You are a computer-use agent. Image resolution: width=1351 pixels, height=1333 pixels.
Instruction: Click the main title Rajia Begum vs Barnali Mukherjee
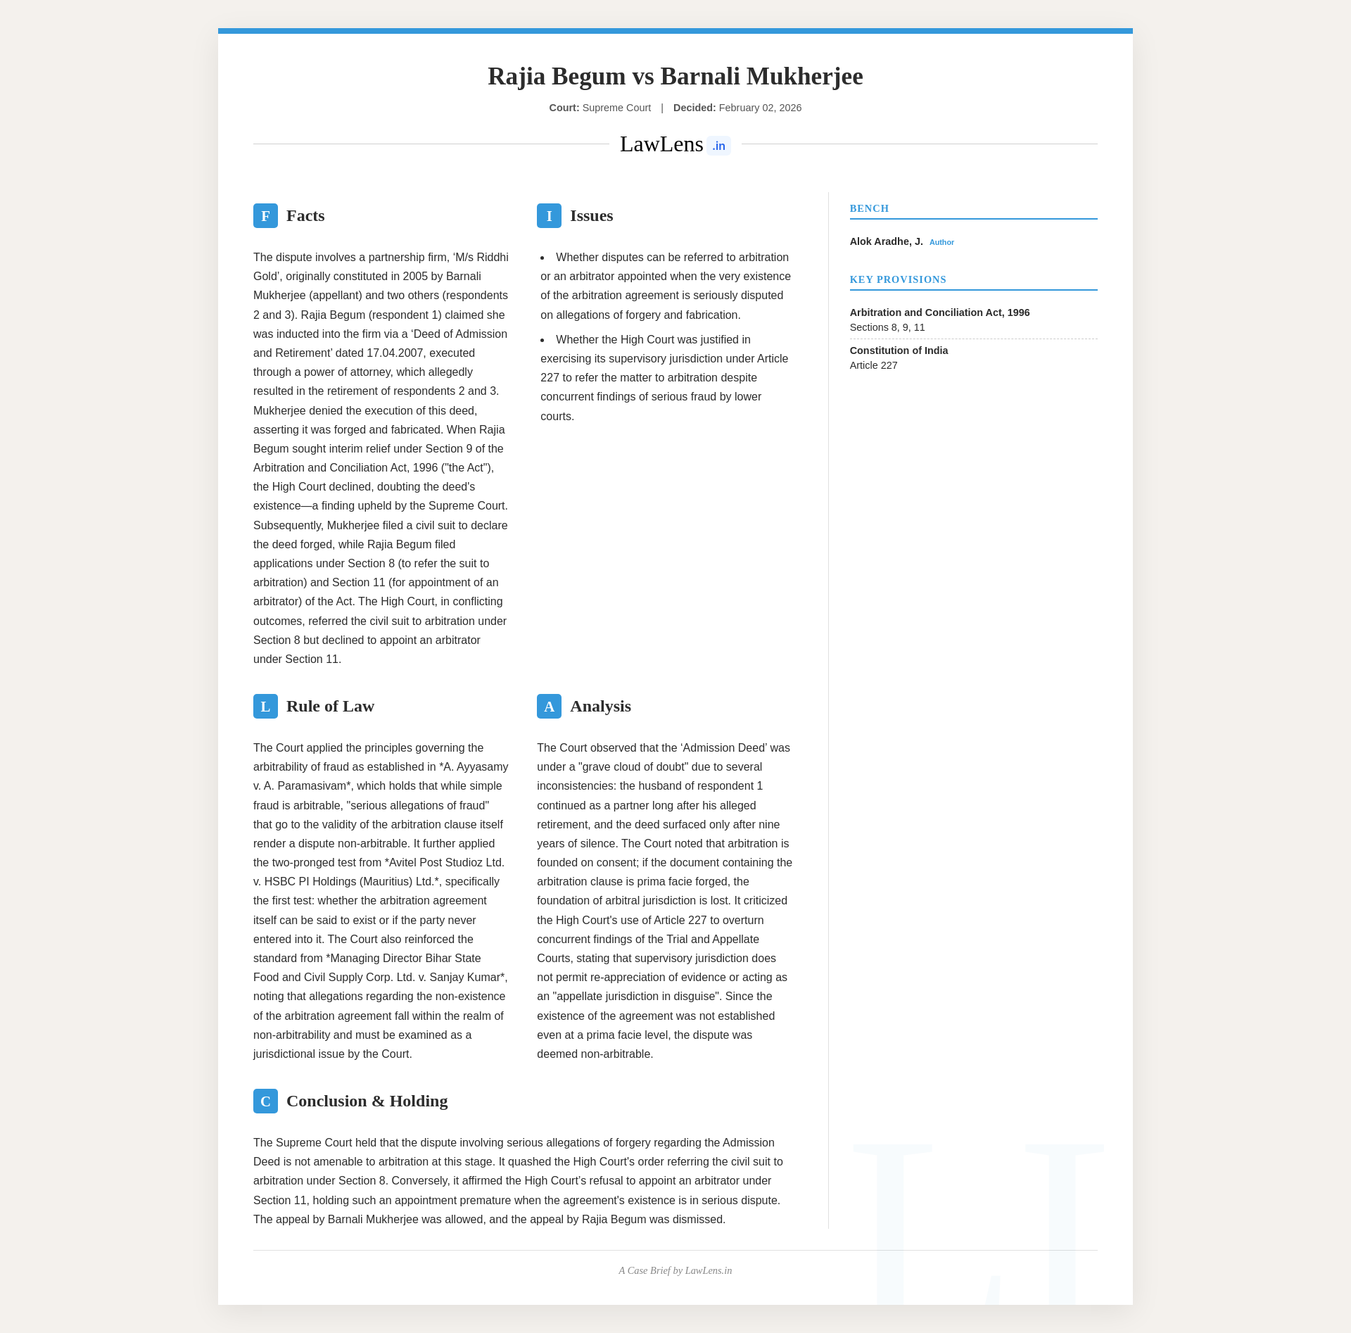(675, 76)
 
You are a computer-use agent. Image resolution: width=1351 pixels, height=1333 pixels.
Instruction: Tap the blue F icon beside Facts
(265, 215)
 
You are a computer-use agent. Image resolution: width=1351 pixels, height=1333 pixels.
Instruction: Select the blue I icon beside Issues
(549, 215)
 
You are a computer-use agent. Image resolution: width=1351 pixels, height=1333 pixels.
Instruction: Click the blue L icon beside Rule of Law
(265, 706)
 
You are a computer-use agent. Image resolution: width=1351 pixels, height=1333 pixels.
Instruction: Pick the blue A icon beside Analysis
(549, 706)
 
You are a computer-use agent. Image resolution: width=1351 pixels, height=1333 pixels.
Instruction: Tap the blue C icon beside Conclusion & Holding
(265, 1101)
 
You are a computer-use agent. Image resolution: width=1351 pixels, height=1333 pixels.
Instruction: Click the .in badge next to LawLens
(718, 146)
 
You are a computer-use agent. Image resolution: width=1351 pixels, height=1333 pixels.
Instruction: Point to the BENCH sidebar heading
(869, 208)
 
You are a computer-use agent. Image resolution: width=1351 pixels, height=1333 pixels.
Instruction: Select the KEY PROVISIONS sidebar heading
(898, 279)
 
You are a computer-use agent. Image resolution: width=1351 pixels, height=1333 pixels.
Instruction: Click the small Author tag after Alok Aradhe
(941, 242)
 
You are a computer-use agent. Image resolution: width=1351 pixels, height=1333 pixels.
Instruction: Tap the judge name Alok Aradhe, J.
(886, 241)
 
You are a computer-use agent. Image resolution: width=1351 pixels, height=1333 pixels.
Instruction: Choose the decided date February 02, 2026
(760, 108)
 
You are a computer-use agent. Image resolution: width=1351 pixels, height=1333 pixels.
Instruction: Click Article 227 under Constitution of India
(873, 365)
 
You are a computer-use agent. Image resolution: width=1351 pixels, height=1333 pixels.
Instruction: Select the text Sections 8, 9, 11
(887, 327)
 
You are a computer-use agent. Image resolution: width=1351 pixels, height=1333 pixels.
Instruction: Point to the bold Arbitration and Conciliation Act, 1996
(939, 312)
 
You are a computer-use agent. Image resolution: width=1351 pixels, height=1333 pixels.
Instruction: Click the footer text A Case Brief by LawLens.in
(675, 1270)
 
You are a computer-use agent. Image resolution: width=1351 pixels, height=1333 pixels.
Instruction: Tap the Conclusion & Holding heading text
(367, 1101)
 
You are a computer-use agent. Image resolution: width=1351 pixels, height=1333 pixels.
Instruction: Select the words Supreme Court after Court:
(616, 108)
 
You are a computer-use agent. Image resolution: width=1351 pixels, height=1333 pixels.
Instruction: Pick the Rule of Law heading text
(330, 706)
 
